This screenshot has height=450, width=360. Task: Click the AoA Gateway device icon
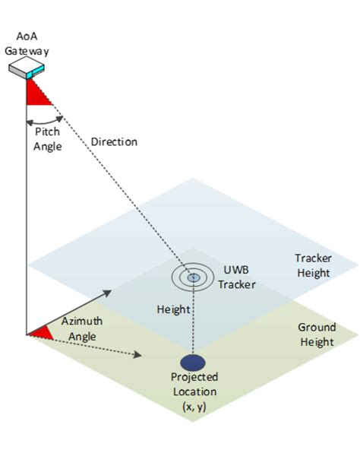[x=27, y=68]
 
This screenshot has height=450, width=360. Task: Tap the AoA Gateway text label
[x=27, y=43]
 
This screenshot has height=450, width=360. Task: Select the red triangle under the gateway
[x=37, y=93]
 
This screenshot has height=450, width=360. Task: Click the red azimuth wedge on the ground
[x=42, y=333]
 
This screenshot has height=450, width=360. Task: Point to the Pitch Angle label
[x=47, y=139]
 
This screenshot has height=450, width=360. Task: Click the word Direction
[x=114, y=142]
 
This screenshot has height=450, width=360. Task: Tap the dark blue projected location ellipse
[x=193, y=362]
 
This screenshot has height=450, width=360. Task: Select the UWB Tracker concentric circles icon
[x=193, y=277]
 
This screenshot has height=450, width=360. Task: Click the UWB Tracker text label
[x=236, y=277]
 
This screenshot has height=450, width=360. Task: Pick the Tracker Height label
[x=313, y=265]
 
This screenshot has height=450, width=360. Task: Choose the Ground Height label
[x=317, y=334]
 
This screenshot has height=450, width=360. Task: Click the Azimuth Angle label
[x=82, y=328]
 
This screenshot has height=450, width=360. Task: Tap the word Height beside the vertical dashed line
[x=173, y=309]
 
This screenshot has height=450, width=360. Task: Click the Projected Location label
[x=194, y=385]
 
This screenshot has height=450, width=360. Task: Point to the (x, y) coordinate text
[x=194, y=407]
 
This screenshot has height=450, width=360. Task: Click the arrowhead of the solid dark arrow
[x=107, y=293]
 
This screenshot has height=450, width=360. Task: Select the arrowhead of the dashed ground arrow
[x=138, y=355]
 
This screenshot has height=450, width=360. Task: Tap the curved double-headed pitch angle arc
[x=45, y=122]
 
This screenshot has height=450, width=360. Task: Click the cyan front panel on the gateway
[x=35, y=72]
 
